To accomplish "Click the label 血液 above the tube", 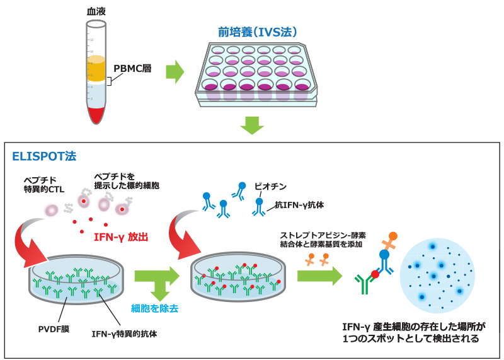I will (x=95, y=11).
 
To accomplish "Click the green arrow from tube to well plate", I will (x=175, y=72).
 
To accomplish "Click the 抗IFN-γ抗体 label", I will (x=299, y=205).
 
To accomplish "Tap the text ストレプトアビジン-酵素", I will (x=323, y=235).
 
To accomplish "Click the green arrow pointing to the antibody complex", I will (x=319, y=276).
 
